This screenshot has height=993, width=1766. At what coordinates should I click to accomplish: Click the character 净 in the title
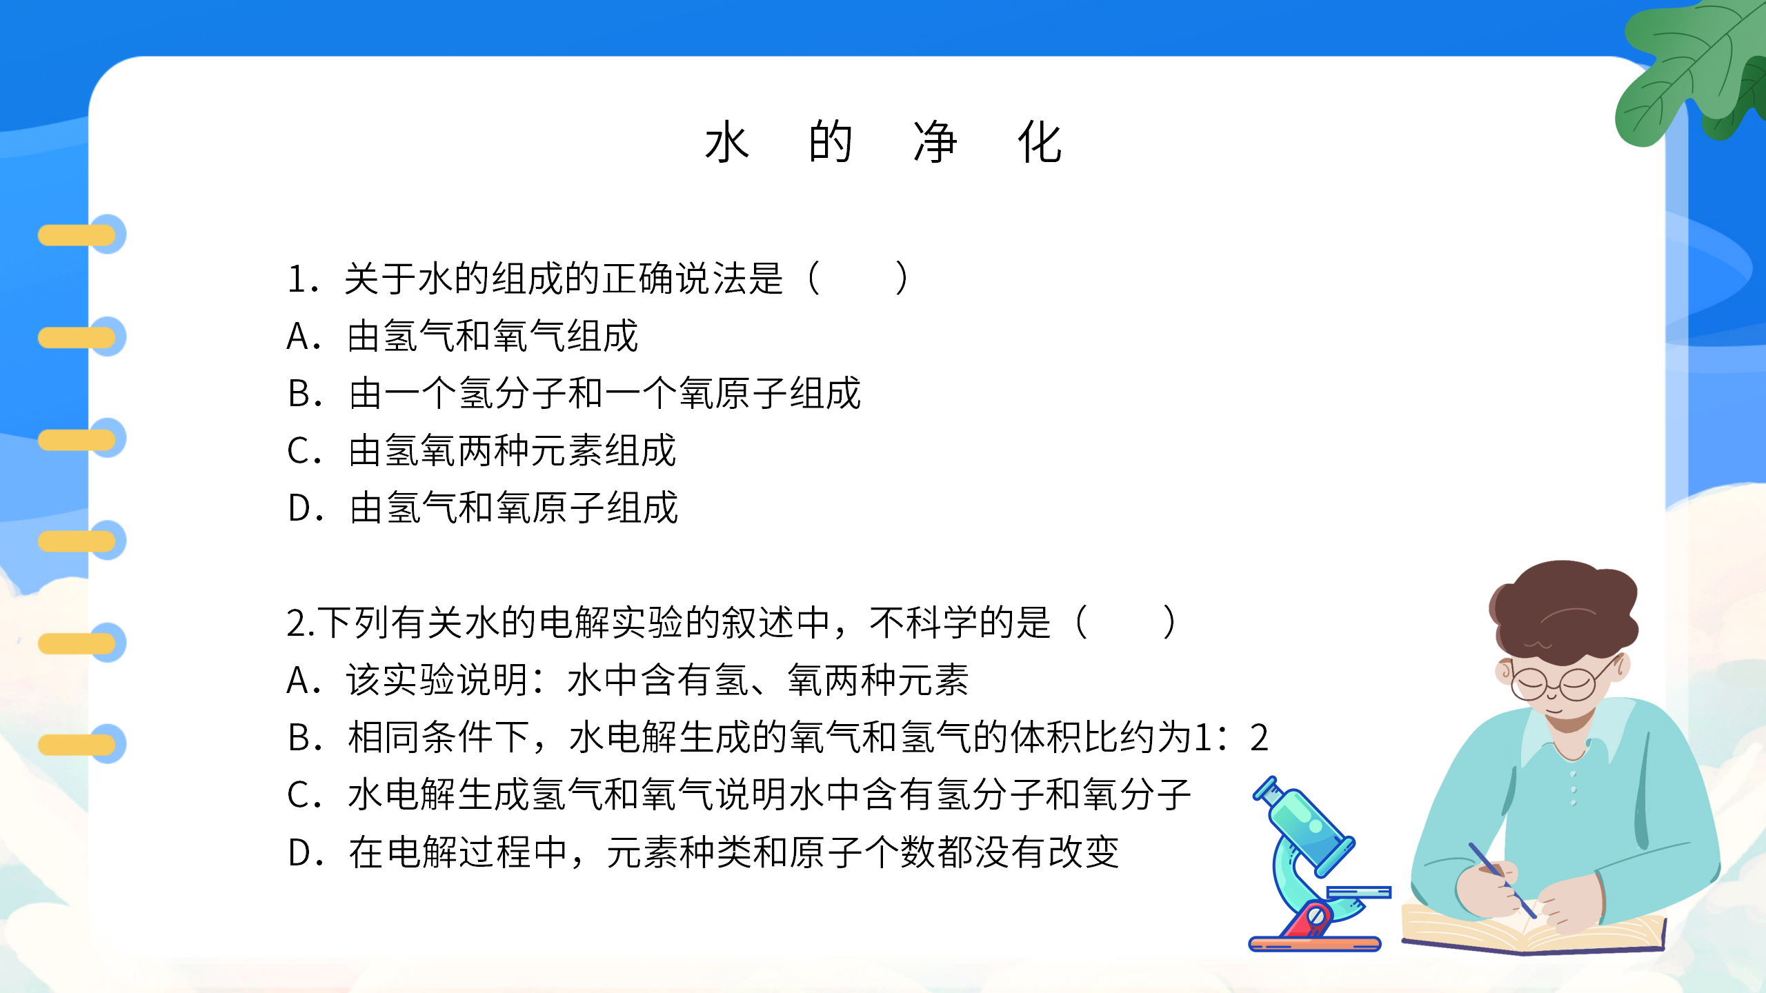click(x=935, y=142)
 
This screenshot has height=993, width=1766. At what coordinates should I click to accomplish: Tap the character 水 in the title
click(x=727, y=142)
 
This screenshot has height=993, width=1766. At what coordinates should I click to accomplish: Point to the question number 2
click(x=297, y=623)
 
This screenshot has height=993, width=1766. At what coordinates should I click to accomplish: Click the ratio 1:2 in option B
click(x=1231, y=737)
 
